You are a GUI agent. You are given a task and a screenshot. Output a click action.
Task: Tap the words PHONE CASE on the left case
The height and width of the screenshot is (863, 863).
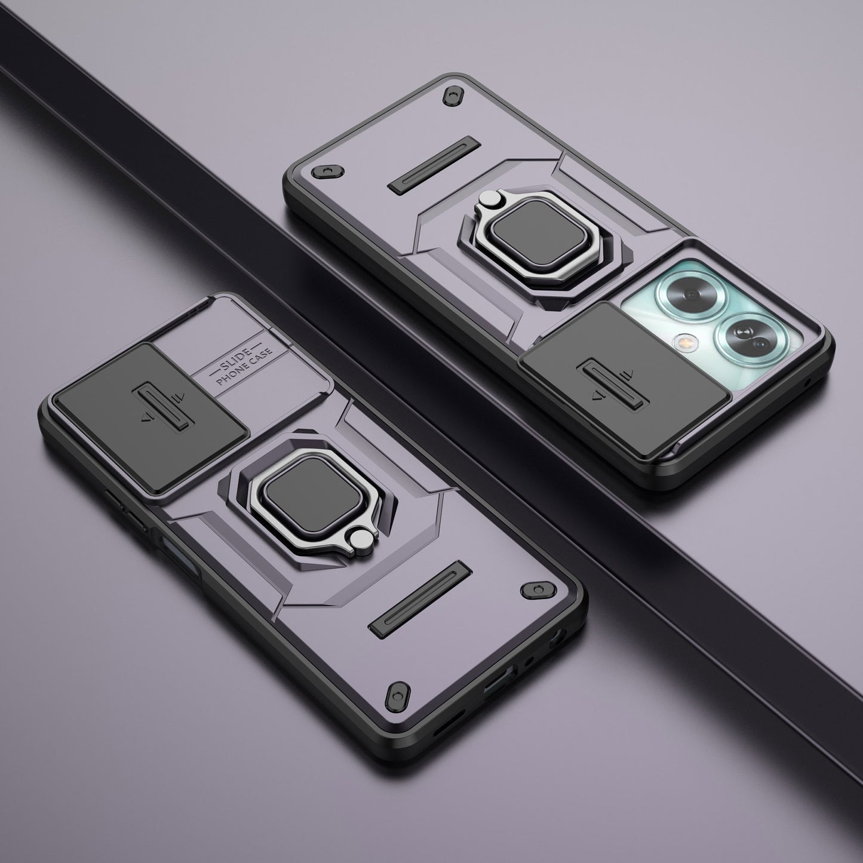244,367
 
